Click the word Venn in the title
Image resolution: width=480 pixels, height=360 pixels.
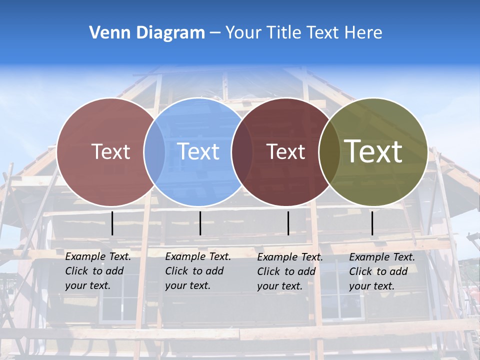pyautogui.click(x=106, y=33)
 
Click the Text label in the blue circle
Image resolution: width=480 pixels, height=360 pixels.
pyautogui.click(x=198, y=151)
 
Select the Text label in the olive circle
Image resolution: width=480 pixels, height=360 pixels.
pyautogui.click(x=373, y=151)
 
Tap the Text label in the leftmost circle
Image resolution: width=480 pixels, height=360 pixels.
pyautogui.click(x=111, y=151)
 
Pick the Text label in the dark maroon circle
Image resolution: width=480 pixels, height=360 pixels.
pyautogui.click(x=286, y=151)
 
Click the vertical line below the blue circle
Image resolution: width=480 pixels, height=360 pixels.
pyautogui.click(x=200, y=223)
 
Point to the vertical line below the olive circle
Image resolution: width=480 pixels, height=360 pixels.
pyautogui.click(x=372, y=223)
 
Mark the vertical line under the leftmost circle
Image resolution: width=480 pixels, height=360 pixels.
pyautogui.click(x=112, y=223)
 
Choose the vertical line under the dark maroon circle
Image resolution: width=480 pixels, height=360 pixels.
pyautogui.click(x=288, y=223)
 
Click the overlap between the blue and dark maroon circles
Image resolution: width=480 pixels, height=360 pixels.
pyautogui.click(x=241, y=151)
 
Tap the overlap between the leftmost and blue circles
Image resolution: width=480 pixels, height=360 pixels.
pyautogui.click(x=154, y=151)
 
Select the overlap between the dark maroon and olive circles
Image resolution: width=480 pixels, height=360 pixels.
pyautogui.click(x=329, y=151)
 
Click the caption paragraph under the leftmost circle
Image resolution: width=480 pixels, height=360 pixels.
pyautogui.click(x=98, y=271)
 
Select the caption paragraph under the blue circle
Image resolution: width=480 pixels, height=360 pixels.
pyautogui.click(x=198, y=271)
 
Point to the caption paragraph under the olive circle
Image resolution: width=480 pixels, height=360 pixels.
pyautogui.click(x=382, y=271)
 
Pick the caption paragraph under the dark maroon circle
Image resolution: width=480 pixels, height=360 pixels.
pyautogui.click(x=290, y=271)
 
